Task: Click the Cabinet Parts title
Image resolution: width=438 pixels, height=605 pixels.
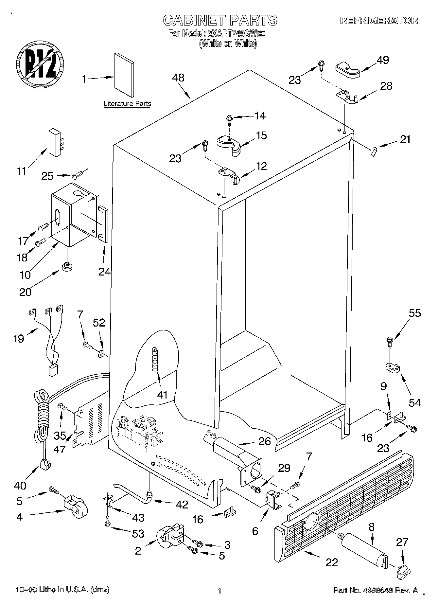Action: [220, 20]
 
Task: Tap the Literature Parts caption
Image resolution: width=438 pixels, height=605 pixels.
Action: [127, 104]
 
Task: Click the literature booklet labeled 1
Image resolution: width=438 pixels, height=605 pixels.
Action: [124, 75]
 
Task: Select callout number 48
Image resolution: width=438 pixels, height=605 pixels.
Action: [178, 78]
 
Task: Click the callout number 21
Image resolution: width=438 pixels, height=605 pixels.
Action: [405, 140]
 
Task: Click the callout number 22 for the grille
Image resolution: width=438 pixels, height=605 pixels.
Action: [331, 562]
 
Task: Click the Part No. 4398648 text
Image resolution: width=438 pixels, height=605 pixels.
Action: [375, 590]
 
